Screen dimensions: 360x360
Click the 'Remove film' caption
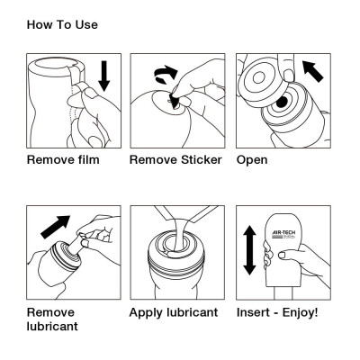[x=62, y=161]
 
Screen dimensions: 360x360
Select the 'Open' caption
[x=253, y=161]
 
